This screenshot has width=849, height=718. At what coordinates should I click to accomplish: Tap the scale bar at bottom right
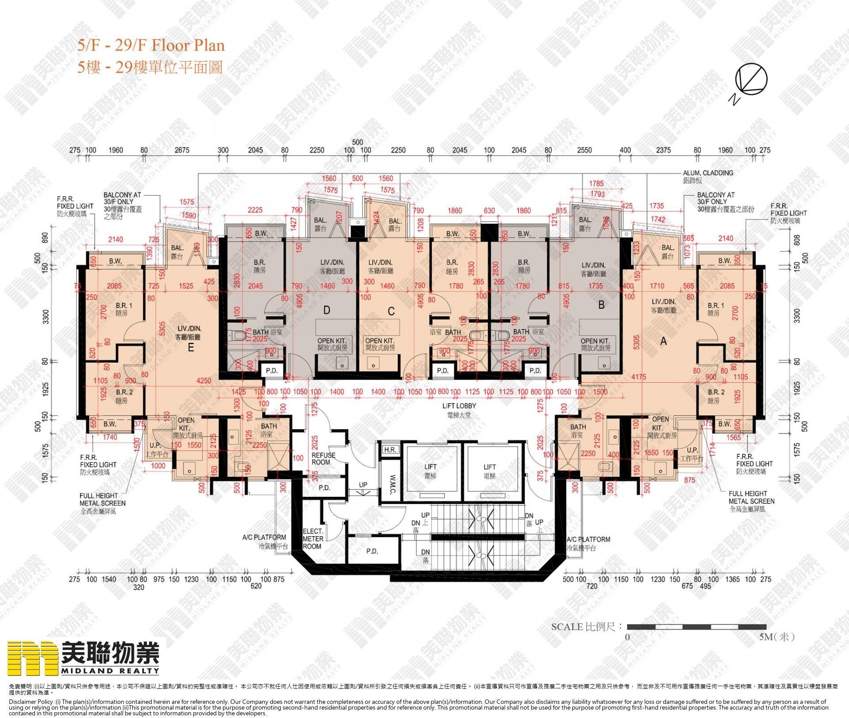pos(696,627)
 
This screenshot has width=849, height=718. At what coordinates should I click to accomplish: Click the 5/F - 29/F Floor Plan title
pos(151,45)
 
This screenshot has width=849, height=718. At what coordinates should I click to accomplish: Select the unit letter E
pos(191,347)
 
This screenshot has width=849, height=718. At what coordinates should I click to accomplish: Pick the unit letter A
pos(663,341)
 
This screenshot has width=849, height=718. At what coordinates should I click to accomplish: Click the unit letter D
pos(326,310)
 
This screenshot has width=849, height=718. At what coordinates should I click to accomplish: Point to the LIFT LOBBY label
pos(459,406)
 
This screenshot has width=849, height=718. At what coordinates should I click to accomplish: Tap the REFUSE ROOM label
pos(323,458)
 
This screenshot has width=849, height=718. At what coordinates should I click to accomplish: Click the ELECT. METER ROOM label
pos(313,538)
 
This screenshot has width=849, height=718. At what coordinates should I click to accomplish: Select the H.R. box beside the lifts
pos(390,450)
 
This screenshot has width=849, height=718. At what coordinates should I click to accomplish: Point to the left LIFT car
pos(430,471)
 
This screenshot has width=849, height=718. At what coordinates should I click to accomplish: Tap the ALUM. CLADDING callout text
pos(708,173)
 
